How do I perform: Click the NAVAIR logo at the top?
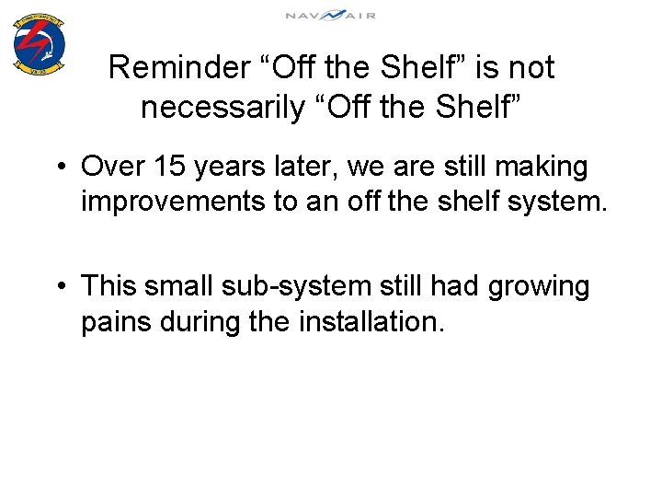coord(330,15)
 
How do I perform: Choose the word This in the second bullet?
coord(108,286)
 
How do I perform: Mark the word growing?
coord(538,288)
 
